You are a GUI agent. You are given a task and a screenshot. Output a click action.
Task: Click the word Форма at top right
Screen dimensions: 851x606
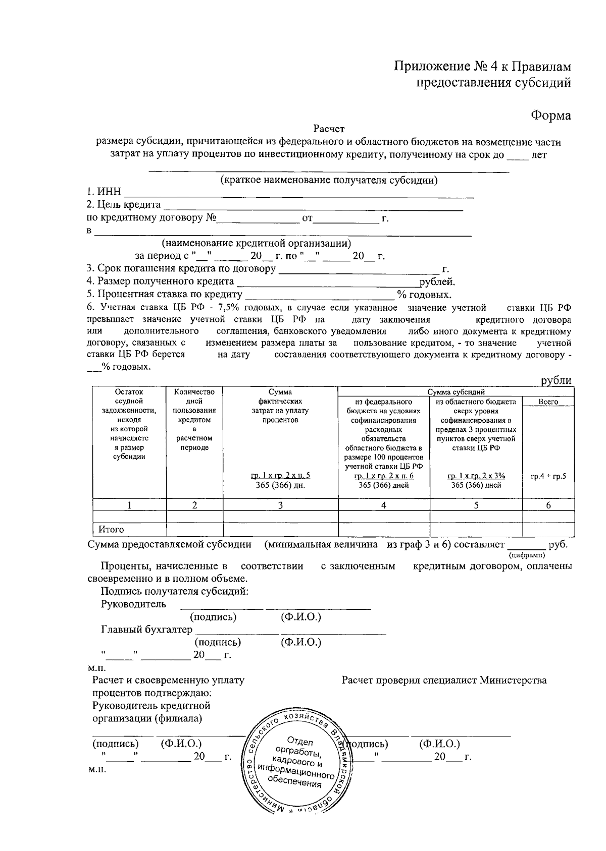tap(550, 116)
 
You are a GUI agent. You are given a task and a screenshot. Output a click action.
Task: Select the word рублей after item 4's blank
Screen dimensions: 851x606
tap(437, 281)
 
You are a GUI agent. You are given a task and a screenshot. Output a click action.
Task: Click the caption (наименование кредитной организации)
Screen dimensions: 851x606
tap(260, 244)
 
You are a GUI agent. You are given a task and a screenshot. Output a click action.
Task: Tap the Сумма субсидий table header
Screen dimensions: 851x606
tap(456, 392)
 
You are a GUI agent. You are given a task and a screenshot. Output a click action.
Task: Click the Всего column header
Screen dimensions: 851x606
tap(548, 402)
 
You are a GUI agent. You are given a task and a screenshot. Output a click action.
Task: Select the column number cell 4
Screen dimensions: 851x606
tap(384, 505)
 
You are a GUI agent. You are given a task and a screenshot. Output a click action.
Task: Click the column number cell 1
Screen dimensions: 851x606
tap(129, 505)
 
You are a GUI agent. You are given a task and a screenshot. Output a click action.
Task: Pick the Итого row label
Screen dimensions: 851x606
tap(111, 530)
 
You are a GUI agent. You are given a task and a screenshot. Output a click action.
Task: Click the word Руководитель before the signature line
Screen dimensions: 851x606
tap(133, 604)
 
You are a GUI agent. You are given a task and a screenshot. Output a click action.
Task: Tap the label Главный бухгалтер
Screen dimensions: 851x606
tap(146, 630)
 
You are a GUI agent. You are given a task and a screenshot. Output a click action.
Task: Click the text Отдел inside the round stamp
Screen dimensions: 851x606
tap(300, 742)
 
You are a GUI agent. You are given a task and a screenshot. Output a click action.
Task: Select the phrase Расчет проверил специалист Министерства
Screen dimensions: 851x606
tap(444, 680)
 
